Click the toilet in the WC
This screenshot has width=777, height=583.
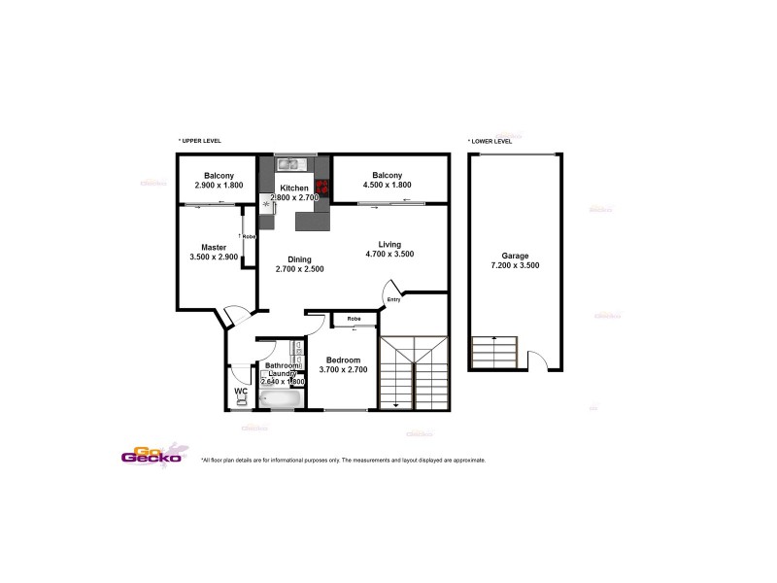[x=241, y=396]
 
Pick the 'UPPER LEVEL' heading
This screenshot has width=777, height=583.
[x=200, y=140]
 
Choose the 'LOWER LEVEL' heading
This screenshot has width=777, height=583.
[x=490, y=140]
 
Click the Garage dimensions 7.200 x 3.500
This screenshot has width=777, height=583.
[x=515, y=264]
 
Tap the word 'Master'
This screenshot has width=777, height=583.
[x=214, y=247]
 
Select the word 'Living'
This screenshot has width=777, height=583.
[x=389, y=244]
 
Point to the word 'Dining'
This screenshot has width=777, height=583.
[x=300, y=258]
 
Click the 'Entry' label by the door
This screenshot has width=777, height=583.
[x=393, y=299]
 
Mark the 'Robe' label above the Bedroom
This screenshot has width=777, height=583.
[x=354, y=319]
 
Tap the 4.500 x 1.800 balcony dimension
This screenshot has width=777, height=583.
[x=387, y=185]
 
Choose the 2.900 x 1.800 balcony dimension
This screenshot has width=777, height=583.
[x=217, y=185]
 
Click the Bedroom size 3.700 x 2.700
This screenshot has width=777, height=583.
[x=344, y=369]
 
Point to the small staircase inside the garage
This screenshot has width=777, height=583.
[x=494, y=353]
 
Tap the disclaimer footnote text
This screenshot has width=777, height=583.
[x=343, y=460]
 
